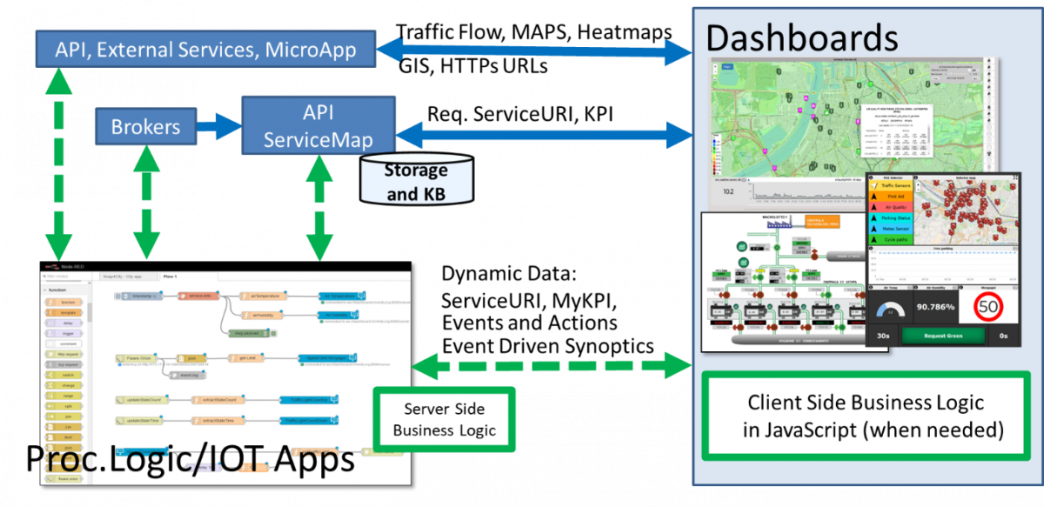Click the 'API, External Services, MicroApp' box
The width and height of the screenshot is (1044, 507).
[205, 50]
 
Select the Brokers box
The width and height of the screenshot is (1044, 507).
[145, 127]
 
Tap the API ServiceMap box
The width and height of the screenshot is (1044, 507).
[318, 127]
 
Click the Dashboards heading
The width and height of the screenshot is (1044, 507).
[801, 37]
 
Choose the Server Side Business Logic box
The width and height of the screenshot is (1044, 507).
[444, 419]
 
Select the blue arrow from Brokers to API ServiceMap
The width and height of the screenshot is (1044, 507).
[218, 128]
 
